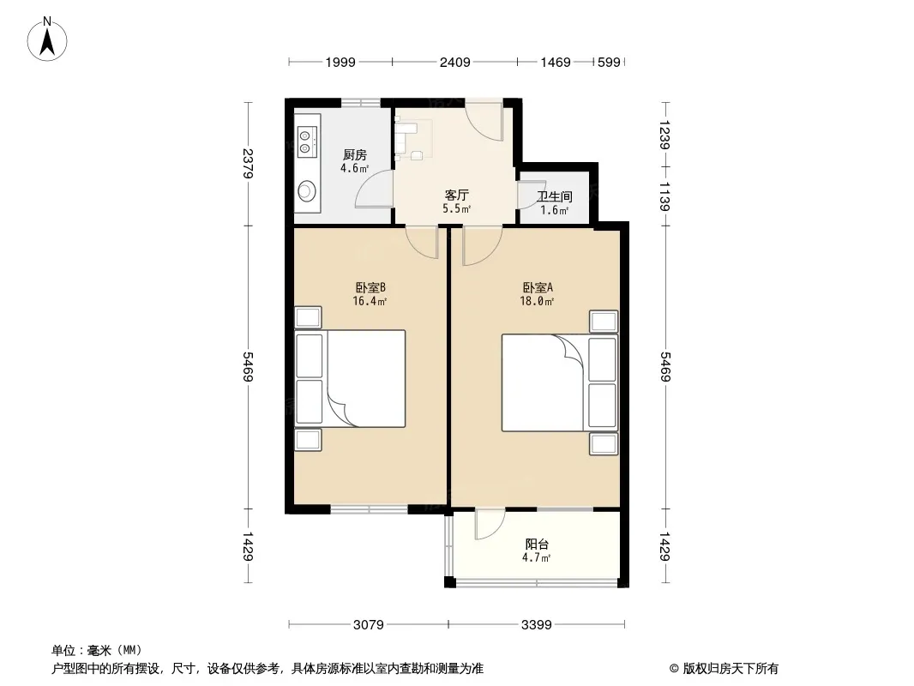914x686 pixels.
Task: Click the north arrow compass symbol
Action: pos(47,39)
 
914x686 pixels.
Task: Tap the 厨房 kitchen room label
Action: pos(354,155)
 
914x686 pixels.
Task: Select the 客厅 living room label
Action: pos(456,196)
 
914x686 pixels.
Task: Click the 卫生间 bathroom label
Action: pos(555,197)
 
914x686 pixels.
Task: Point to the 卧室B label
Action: pos(370,288)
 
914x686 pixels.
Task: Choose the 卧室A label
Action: pos(537,288)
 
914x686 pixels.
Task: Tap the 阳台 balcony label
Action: pos(536,545)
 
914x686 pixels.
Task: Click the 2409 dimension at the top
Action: pos(454,62)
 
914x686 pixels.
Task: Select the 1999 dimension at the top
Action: pos(340,62)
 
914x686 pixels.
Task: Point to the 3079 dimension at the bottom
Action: pos(369,625)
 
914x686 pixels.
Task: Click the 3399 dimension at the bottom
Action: pos(536,625)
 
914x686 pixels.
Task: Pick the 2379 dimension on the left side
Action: pos(249,164)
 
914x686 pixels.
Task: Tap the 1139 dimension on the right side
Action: pos(665,196)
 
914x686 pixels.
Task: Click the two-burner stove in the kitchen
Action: pos(307,141)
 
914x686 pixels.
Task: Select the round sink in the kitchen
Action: pos(307,190)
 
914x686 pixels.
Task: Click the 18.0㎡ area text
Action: pos(537,301)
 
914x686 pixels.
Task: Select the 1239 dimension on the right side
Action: pos(665,135)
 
